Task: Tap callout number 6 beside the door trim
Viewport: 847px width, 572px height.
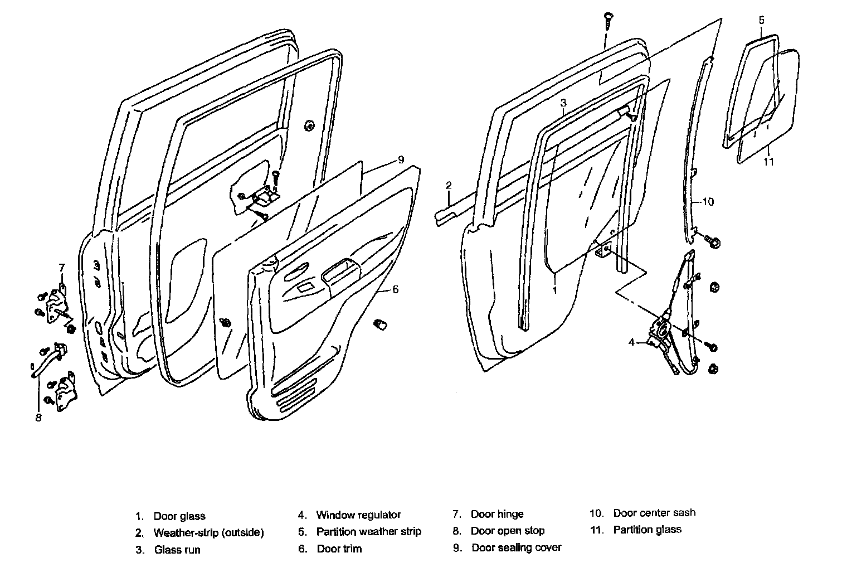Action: [395, 289]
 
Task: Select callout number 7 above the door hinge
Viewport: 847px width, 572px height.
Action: [62, 267]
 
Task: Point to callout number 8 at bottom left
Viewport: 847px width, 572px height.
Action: [38, 417]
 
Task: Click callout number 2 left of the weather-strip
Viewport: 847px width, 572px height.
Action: [449, 185]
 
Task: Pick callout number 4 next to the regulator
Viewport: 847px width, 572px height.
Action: [631, 342]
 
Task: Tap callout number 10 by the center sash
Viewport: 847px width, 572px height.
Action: [707, 201]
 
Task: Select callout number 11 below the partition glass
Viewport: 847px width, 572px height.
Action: [769, 162]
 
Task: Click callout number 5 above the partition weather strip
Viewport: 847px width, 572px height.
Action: [761, 21]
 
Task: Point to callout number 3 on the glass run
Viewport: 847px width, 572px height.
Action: [563, 103]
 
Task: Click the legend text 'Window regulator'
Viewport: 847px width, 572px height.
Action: [358, 515]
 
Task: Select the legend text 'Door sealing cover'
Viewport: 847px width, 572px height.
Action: [517, 547]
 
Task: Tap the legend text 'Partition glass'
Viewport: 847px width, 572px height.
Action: [647, 530]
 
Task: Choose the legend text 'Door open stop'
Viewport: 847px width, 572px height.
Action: [508, 531]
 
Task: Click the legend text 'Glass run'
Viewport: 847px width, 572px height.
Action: [177, 550]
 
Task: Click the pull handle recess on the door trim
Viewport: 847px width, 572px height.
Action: [338, 271]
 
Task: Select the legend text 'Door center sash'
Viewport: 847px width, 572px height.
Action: [654, 512]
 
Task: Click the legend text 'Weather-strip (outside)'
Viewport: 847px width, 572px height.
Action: [208, 532]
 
